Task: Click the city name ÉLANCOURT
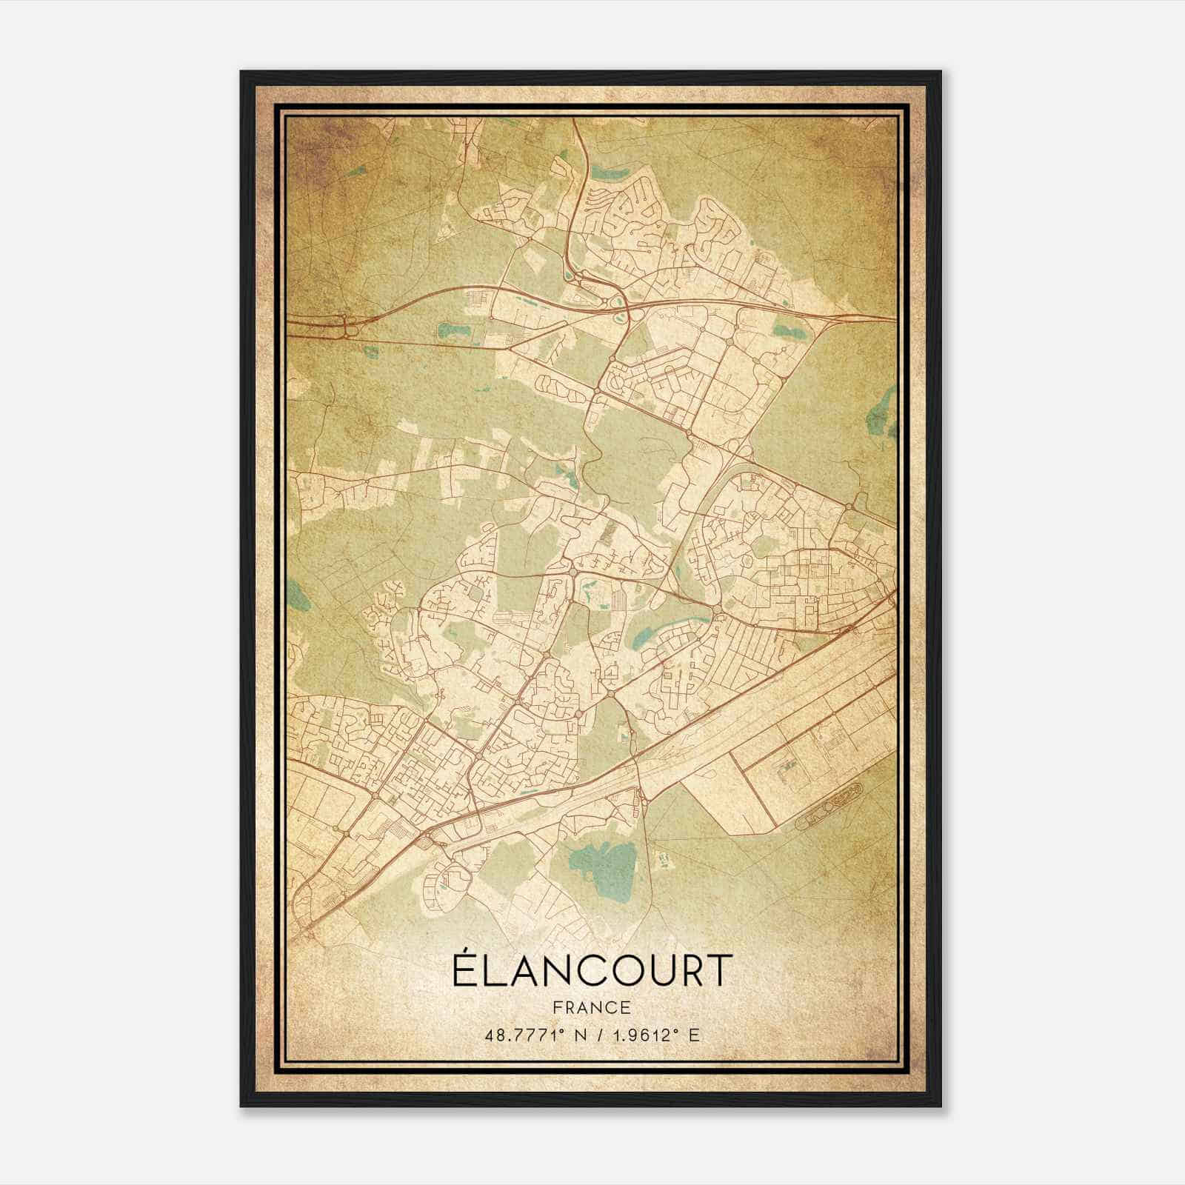pos(592,970)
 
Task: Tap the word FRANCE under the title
pos(592,1007)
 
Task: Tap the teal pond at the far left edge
pos(298,592)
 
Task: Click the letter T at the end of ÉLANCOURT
pos(720,970)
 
